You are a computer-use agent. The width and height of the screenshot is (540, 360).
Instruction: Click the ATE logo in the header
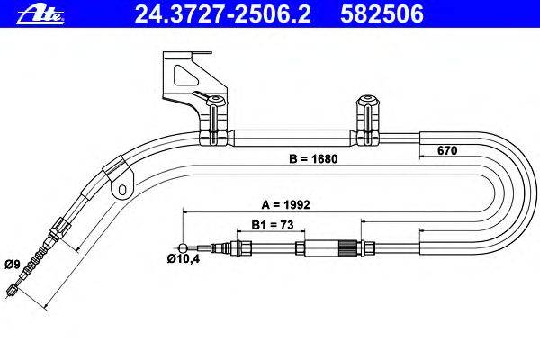[40, 14]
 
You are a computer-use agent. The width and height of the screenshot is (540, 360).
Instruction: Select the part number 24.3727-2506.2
[223, 14]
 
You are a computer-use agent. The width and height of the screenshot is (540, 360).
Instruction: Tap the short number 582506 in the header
[382, 14]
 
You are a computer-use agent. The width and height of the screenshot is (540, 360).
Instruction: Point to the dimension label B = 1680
[313, 159]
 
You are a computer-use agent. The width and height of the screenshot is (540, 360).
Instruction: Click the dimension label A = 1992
[286, 204]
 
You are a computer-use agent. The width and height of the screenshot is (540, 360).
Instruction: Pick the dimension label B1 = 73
[273, 225]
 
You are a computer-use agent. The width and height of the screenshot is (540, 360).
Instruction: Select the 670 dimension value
[447, 150]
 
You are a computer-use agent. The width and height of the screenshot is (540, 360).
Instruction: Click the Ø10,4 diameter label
[184, 258]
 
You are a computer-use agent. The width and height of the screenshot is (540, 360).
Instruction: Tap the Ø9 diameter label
[13, 265]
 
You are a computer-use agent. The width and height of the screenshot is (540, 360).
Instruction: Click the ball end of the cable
[184, 247]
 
